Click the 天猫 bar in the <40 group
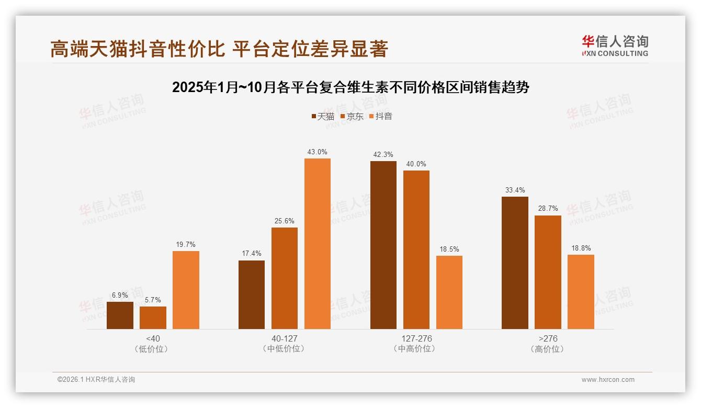click(120, 315)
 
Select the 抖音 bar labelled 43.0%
click(318, 244)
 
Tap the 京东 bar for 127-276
click(416, 250)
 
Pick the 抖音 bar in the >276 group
click(581, 292)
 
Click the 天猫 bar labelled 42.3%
click(383, 245)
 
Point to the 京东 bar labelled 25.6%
click(285, 278)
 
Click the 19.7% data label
click(186, 244)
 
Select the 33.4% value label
click(515, 190)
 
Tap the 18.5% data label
click(449, 249)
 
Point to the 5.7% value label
click(153, 300)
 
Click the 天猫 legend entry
click(323, 116)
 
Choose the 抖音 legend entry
click(381, 116)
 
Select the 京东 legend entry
click(352, 116)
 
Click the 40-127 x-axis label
click(284, 338)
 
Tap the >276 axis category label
click(547, 338)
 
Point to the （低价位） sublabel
click(153, 349)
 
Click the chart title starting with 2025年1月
click(350, 87)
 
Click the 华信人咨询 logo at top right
click(615, 46)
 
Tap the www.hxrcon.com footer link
click(608, 380)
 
